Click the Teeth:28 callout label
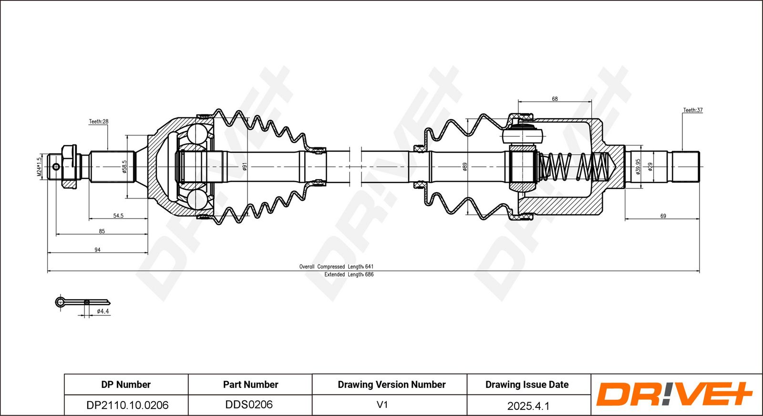pos(98,121)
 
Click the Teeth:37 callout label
pos(693,110)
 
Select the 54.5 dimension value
pos(118,216)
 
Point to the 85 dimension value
pos(102,231)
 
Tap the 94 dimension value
pos(97,250)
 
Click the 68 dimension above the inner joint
pos(555,99)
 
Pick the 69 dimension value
pos(663,216)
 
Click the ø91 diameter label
pos(244,166)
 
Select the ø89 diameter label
pos(464,166)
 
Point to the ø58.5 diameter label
pos(124,167)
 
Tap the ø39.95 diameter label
pos(638,166)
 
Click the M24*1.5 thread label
pos(40,166)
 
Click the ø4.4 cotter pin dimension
pos(103,311)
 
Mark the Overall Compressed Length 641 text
pos(336,266)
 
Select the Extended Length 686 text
pos(349,274)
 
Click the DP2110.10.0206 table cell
pos(127,405)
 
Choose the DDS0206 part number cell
pos(249,405)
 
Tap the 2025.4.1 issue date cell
pos(528,406)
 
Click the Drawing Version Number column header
pos(392,385)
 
